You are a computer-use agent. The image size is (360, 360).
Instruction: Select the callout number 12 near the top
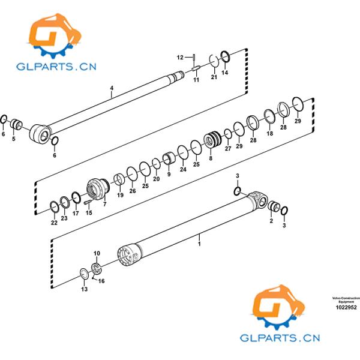180,57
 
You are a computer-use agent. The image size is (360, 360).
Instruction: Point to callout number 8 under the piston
211,159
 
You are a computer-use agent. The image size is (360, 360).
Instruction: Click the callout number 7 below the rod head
104,205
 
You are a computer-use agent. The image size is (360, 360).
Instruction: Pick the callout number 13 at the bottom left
84,290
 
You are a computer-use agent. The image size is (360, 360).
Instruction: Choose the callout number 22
54,223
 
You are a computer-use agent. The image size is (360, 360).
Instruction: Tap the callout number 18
269,134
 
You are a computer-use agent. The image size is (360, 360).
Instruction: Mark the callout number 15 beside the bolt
89,212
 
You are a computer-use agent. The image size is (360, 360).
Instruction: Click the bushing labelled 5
17,125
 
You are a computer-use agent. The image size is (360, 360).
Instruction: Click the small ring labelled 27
227,133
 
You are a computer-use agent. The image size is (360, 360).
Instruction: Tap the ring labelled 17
76,196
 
